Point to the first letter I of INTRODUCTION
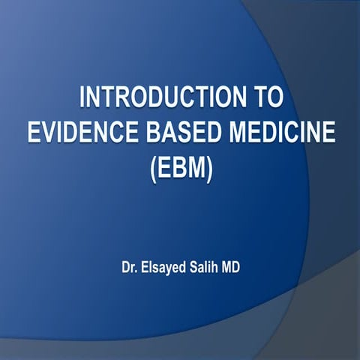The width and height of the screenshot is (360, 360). coord(82,98)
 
